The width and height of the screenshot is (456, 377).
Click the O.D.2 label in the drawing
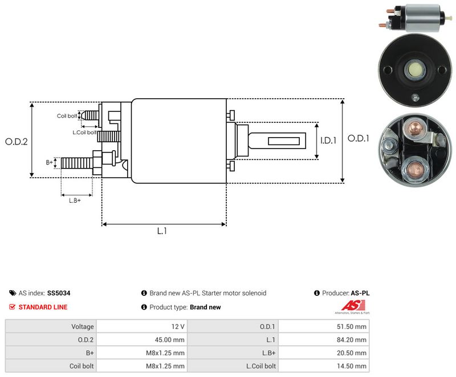pos(17,142)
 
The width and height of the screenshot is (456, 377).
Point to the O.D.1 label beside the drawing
pos(359,138)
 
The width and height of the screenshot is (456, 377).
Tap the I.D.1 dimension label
pos(328,141)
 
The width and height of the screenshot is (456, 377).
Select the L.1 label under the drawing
pos(162,231)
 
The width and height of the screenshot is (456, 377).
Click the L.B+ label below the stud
pos(75,200)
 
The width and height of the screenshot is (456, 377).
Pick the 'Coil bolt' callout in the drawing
pos(67,116)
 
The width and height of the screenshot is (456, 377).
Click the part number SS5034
pos(59,293)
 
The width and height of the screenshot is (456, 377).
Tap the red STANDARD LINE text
pos(43,307)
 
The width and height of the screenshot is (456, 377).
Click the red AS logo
pos(353,306)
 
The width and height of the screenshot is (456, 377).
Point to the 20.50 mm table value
pos(352,353)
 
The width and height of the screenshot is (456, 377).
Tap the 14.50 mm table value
pos(352,366)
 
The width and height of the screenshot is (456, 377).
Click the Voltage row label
pos(83,327)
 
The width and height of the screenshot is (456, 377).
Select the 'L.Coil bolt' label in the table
pos(261,366)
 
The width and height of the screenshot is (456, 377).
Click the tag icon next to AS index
pos(13,293)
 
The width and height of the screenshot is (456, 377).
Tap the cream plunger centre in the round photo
pos(415,70)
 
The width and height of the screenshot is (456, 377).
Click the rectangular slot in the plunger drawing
pos(284,141)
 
